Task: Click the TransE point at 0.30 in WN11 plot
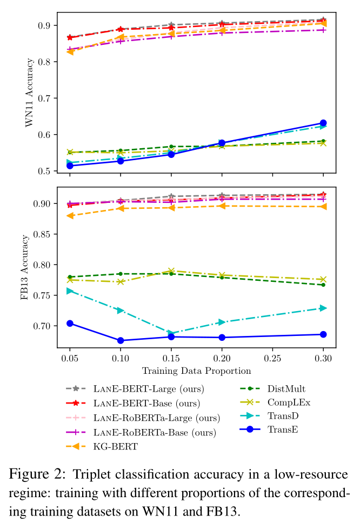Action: pyautogui.click(x=323, y=123)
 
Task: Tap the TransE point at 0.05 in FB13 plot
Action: pyautogui.click(x=70, y=323)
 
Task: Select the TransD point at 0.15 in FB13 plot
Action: pyautogui.click(x=171, y=333)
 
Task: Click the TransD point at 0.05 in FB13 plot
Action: pyautogui.click(x=70, y=291)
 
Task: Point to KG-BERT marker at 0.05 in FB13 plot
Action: pyautogui.click(x=70, y=215)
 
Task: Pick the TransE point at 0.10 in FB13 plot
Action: pyautogui.click(x=121, y=340)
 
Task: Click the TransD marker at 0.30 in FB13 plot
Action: pyautogui.click(x=323, y=308)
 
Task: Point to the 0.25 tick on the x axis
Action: pyautogui.click(x=272, y=359)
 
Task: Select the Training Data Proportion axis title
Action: pyautogui.click(x=196, y=371)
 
